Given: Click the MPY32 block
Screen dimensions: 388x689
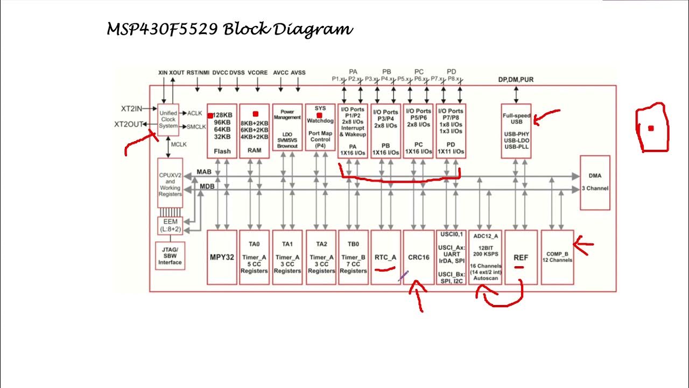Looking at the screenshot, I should (x=222, y=257).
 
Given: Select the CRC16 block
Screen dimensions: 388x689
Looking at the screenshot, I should (x=418, y=257).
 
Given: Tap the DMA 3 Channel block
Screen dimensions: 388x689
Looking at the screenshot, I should (x=595, y=182).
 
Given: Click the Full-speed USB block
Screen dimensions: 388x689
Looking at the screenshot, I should (x=516, y=131).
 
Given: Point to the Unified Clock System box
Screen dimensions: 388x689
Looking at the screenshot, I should (x=168, y=120).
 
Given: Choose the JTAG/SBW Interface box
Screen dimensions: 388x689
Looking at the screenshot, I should (x=170, y=256).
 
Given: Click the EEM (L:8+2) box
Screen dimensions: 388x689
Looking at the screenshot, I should (x=170, y=225).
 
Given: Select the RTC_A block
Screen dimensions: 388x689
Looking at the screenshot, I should (x=385, y=257).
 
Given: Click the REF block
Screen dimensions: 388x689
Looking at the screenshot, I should (x=521, y=257).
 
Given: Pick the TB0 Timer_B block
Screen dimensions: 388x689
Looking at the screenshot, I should (x=353, y=257).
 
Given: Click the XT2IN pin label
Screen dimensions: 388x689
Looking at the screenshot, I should (x=131, y=109).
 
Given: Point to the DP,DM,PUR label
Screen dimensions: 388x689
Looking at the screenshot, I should (x=516, y=80).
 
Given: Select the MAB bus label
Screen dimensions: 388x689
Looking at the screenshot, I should (x=204, y=172).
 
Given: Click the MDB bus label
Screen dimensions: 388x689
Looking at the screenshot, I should (x=207, y=186).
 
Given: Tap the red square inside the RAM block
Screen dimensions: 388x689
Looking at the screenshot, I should (x=255, y=114).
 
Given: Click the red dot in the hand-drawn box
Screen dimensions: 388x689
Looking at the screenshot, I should (x=651, y=128).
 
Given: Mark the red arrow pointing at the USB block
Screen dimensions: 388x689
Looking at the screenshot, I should (x=546, y=115).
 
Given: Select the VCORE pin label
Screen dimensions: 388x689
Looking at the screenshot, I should (x=257, y=73).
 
